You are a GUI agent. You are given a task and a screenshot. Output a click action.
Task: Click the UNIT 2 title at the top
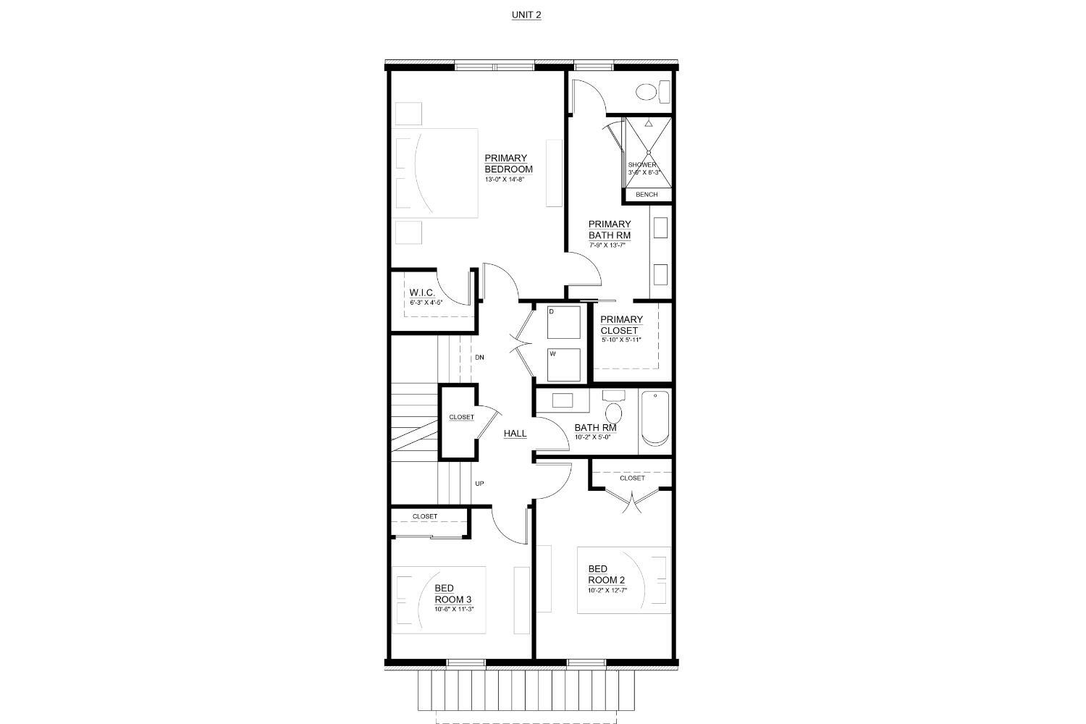click(x=526, y=14)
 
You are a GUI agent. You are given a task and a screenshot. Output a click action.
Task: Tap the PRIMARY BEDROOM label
click(x=508, y=164)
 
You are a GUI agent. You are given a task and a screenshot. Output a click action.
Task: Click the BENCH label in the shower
click(x=647, y=195)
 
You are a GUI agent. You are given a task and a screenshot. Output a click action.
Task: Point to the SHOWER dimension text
click(x=644, y=172)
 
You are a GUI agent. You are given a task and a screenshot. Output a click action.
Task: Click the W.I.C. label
click(x=421, y=292)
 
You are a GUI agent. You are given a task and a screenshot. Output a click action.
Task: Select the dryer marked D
click(x=563, y=322)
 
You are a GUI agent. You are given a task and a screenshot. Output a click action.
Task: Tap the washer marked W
click(x=563, y=365)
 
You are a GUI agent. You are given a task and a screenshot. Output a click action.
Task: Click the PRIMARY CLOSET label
click(x=621, y=325)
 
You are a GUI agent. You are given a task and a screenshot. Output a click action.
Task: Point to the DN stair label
click(x=479, y=358)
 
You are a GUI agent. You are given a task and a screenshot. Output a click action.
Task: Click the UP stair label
click(x=479, y=484)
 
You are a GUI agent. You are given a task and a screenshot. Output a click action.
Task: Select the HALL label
click(x=515, y=434)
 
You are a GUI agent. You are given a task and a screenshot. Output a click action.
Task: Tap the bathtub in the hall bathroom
click(x=656, y=418)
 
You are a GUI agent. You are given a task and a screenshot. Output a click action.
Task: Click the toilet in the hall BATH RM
click(x=614, y=409)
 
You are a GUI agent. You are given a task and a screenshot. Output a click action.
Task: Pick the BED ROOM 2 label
click(x=606, y=574)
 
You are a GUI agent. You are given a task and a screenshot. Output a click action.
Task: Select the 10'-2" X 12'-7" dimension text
click(x=607, y=590)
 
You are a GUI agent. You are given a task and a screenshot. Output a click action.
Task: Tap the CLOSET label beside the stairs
click(x=461, y=417)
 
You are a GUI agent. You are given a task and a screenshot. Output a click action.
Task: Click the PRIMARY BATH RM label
click(x=609, y=230)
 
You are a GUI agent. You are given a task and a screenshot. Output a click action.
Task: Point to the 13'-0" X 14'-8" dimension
click(x=505, y=179)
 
